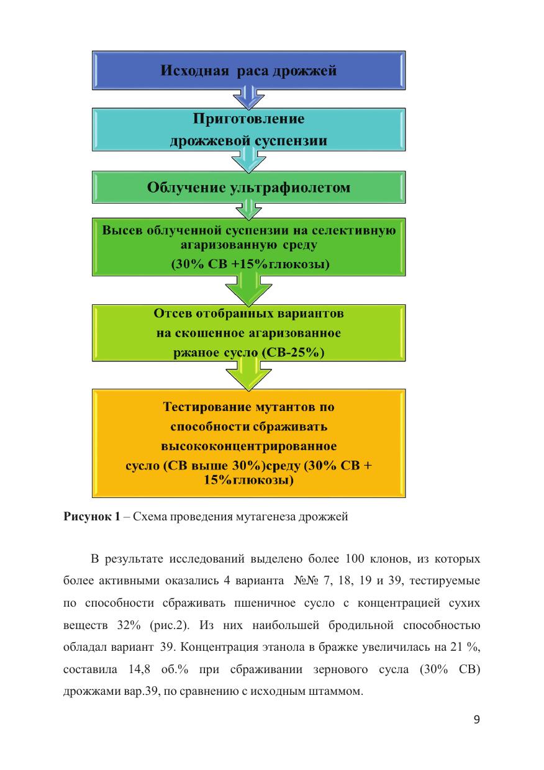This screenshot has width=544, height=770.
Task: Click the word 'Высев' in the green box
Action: pos(122,231)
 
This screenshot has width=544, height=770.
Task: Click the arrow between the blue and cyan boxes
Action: pos(248,99)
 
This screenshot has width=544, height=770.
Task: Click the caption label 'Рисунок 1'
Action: pos(91,517)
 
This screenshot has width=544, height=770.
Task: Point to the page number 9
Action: pos(476,720)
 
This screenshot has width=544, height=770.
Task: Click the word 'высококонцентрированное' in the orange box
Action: pos(249,446)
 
